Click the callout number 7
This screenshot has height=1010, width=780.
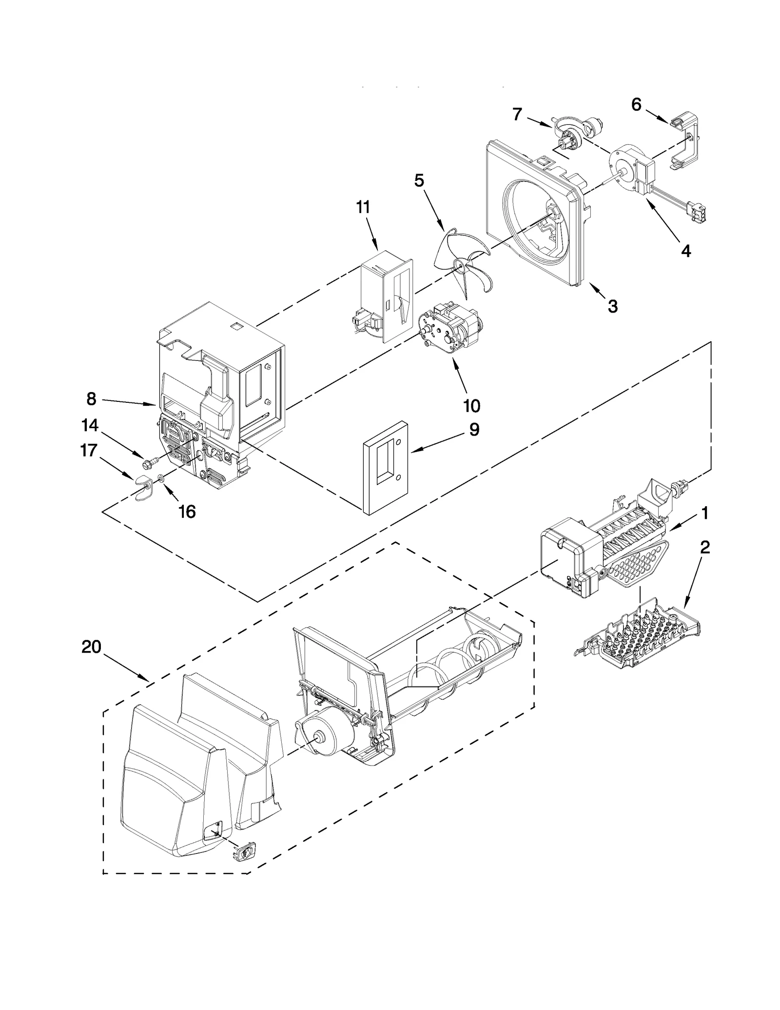click(517, 115)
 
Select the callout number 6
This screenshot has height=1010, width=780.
click(636, 104)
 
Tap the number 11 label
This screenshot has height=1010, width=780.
click(363, 207)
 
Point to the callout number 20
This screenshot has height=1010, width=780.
click(91, 647)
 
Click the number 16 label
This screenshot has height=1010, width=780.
click(187, 512)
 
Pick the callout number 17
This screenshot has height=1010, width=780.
click(88, 450)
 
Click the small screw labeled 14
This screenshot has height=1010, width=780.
click(151, 460)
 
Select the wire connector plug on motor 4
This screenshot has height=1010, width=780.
click(698, 212)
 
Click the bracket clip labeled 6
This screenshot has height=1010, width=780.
click(685, 141)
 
